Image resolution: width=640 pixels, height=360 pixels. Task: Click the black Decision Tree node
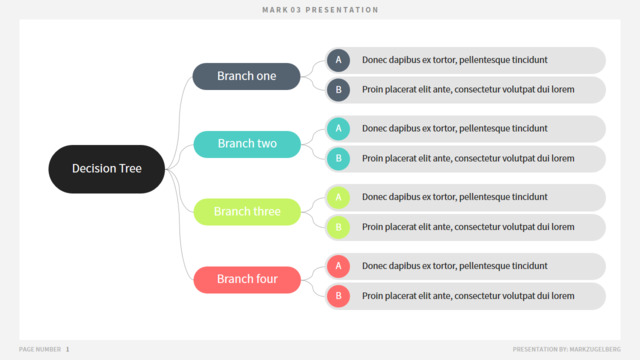pyautogui.click(x=107, y=169)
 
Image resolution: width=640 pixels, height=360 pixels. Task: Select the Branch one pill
pyautogui.click(x=247, y=76)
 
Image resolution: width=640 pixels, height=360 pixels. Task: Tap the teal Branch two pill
pyautogui.click(x=247, y=144)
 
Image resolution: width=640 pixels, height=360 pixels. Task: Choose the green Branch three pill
pyautogui.click(x=247, y=212)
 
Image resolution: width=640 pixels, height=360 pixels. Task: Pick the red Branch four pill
pyautogui.click(x=247, y=280)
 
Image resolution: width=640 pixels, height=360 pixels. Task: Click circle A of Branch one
pyautogui.click(x=338, y=60)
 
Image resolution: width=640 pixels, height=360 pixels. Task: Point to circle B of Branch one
pyautogui.click(x=338, y=90)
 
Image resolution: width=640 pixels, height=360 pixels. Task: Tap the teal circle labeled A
pyautogui.click(x=338, y=129)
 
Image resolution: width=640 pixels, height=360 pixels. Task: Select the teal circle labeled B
pyautogui.click(x=338, y=158)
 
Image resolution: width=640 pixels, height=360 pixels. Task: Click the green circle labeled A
pyautogui.click(x=338, y=198)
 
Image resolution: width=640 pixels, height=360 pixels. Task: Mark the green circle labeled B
pyautogui.click(x=338, y=227)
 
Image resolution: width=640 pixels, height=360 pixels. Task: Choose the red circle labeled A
pyautogui.click(x=338, y=266)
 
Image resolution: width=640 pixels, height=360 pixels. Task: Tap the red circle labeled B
pyautogui.click(x=338, y=296)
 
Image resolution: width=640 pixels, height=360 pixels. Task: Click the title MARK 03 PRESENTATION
pyautogui.click(x=320, y=10)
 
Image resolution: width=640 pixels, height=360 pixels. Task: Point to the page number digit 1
pyautogui.click(x=67, y=349)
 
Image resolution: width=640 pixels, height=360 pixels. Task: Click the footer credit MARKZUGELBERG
pyautogui.click(x=595, y=349)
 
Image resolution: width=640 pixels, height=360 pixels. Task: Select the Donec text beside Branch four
pyautogui.click(x=455, y=266)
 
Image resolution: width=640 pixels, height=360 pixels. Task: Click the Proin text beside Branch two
pyautogui.click(x=468, y=158)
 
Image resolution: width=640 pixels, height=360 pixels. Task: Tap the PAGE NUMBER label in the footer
pyautogui.click(x=40, y=349)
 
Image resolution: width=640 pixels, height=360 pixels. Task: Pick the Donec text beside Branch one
pyautogui.click(x=455, y=60)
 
